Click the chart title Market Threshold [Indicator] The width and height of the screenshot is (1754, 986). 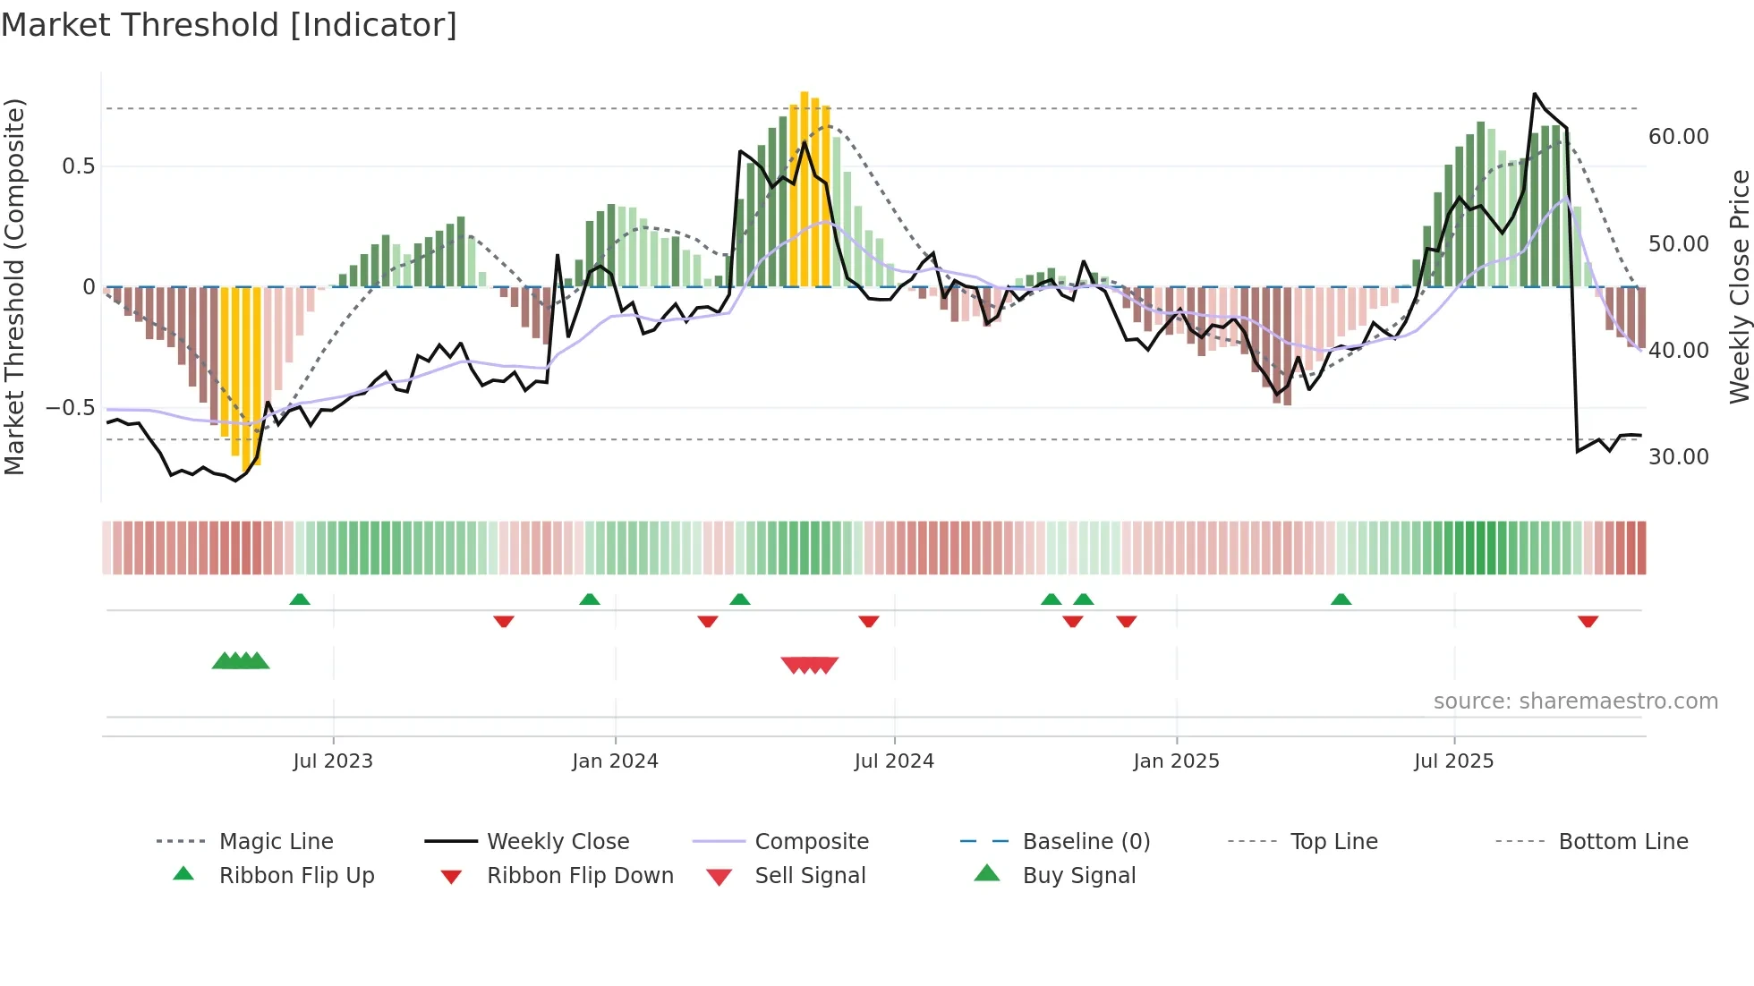click(x=229, y=25)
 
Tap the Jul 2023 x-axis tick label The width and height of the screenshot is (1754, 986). click(x=333, y=761)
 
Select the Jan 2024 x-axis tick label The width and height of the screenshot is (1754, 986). click(x=615, y=761)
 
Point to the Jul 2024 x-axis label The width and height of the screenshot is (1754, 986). click(x=894, y=761)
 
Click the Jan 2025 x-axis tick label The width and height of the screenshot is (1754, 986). click(x=1176, y=761)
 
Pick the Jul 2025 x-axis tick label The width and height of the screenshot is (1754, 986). click(x=1454, y=761)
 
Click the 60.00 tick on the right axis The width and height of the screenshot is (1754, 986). click(x=1678, y=137)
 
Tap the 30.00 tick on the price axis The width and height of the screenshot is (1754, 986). click(x=1678, y=457)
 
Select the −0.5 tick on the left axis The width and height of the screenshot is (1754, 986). click(x=70, y=408)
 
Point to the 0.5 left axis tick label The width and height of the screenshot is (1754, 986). click(x=78, y=166)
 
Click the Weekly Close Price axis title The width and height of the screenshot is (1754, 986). click(x=1739, y=286)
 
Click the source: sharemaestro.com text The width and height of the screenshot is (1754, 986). click(x=1575, y=701)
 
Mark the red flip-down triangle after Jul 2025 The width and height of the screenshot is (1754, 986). click(x=1588, y=621)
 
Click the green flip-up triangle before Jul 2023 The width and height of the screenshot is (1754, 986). click(x=300, y=599)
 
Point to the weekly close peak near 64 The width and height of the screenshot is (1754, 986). click(x=1535, y=94)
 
